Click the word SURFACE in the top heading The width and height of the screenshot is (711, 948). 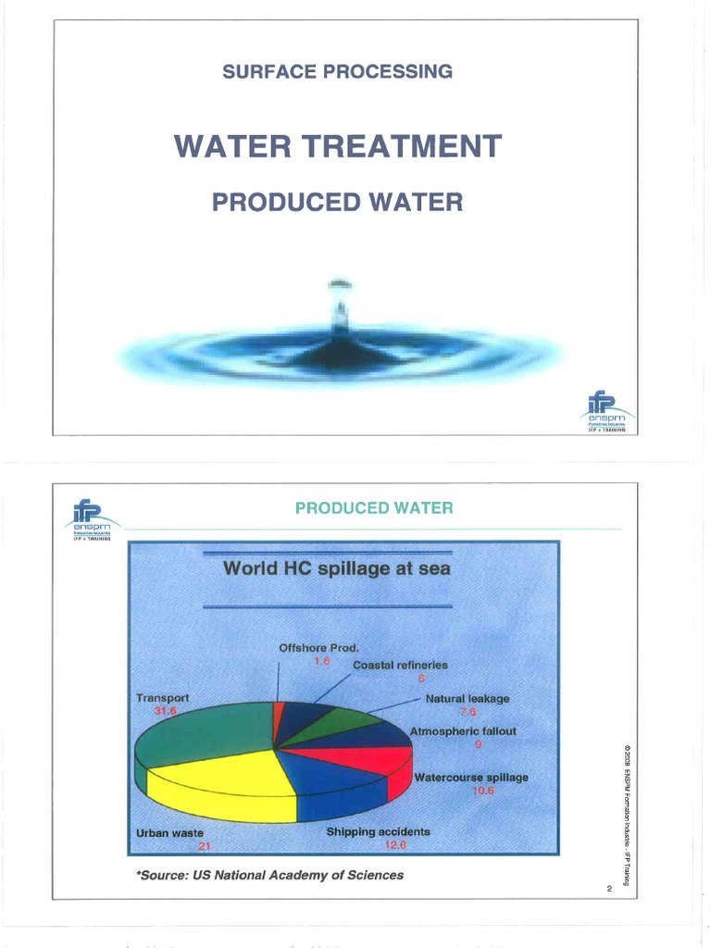tap(266, 71)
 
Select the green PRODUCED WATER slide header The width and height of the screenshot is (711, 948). tap(373, 507)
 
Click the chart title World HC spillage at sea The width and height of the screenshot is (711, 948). tap(337, 568)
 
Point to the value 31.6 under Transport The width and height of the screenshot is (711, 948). tap(164, 710)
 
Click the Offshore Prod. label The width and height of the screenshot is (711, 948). tap(318, 648)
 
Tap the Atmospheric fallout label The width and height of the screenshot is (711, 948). tap(463, 730)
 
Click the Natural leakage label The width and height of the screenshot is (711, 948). tap(468, 698)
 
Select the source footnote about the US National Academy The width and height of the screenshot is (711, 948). tap(269, 875)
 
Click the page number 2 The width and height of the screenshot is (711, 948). tap(610, 890)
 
